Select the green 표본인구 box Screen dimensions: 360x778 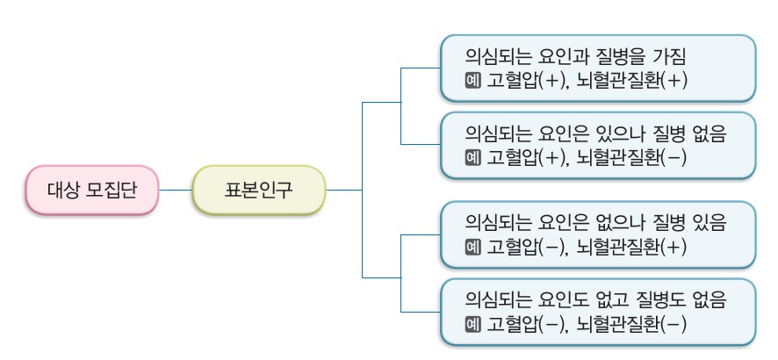pos(258,190)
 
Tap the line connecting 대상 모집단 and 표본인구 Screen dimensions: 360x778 pos(175,190)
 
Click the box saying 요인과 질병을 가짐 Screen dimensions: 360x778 pos(597,68)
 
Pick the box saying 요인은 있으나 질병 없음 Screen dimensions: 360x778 pos(597,145)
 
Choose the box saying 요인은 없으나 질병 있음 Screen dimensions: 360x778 pos(597,234)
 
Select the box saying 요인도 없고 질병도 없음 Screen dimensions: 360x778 pos(597,312)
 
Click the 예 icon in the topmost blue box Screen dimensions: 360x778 pos(472,81)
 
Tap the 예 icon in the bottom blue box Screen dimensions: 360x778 pos(472,325)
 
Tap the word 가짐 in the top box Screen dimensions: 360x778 pos(669,55)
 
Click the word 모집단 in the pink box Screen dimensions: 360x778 pos(112,190)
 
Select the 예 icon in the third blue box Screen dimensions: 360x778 pos(472,248)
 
